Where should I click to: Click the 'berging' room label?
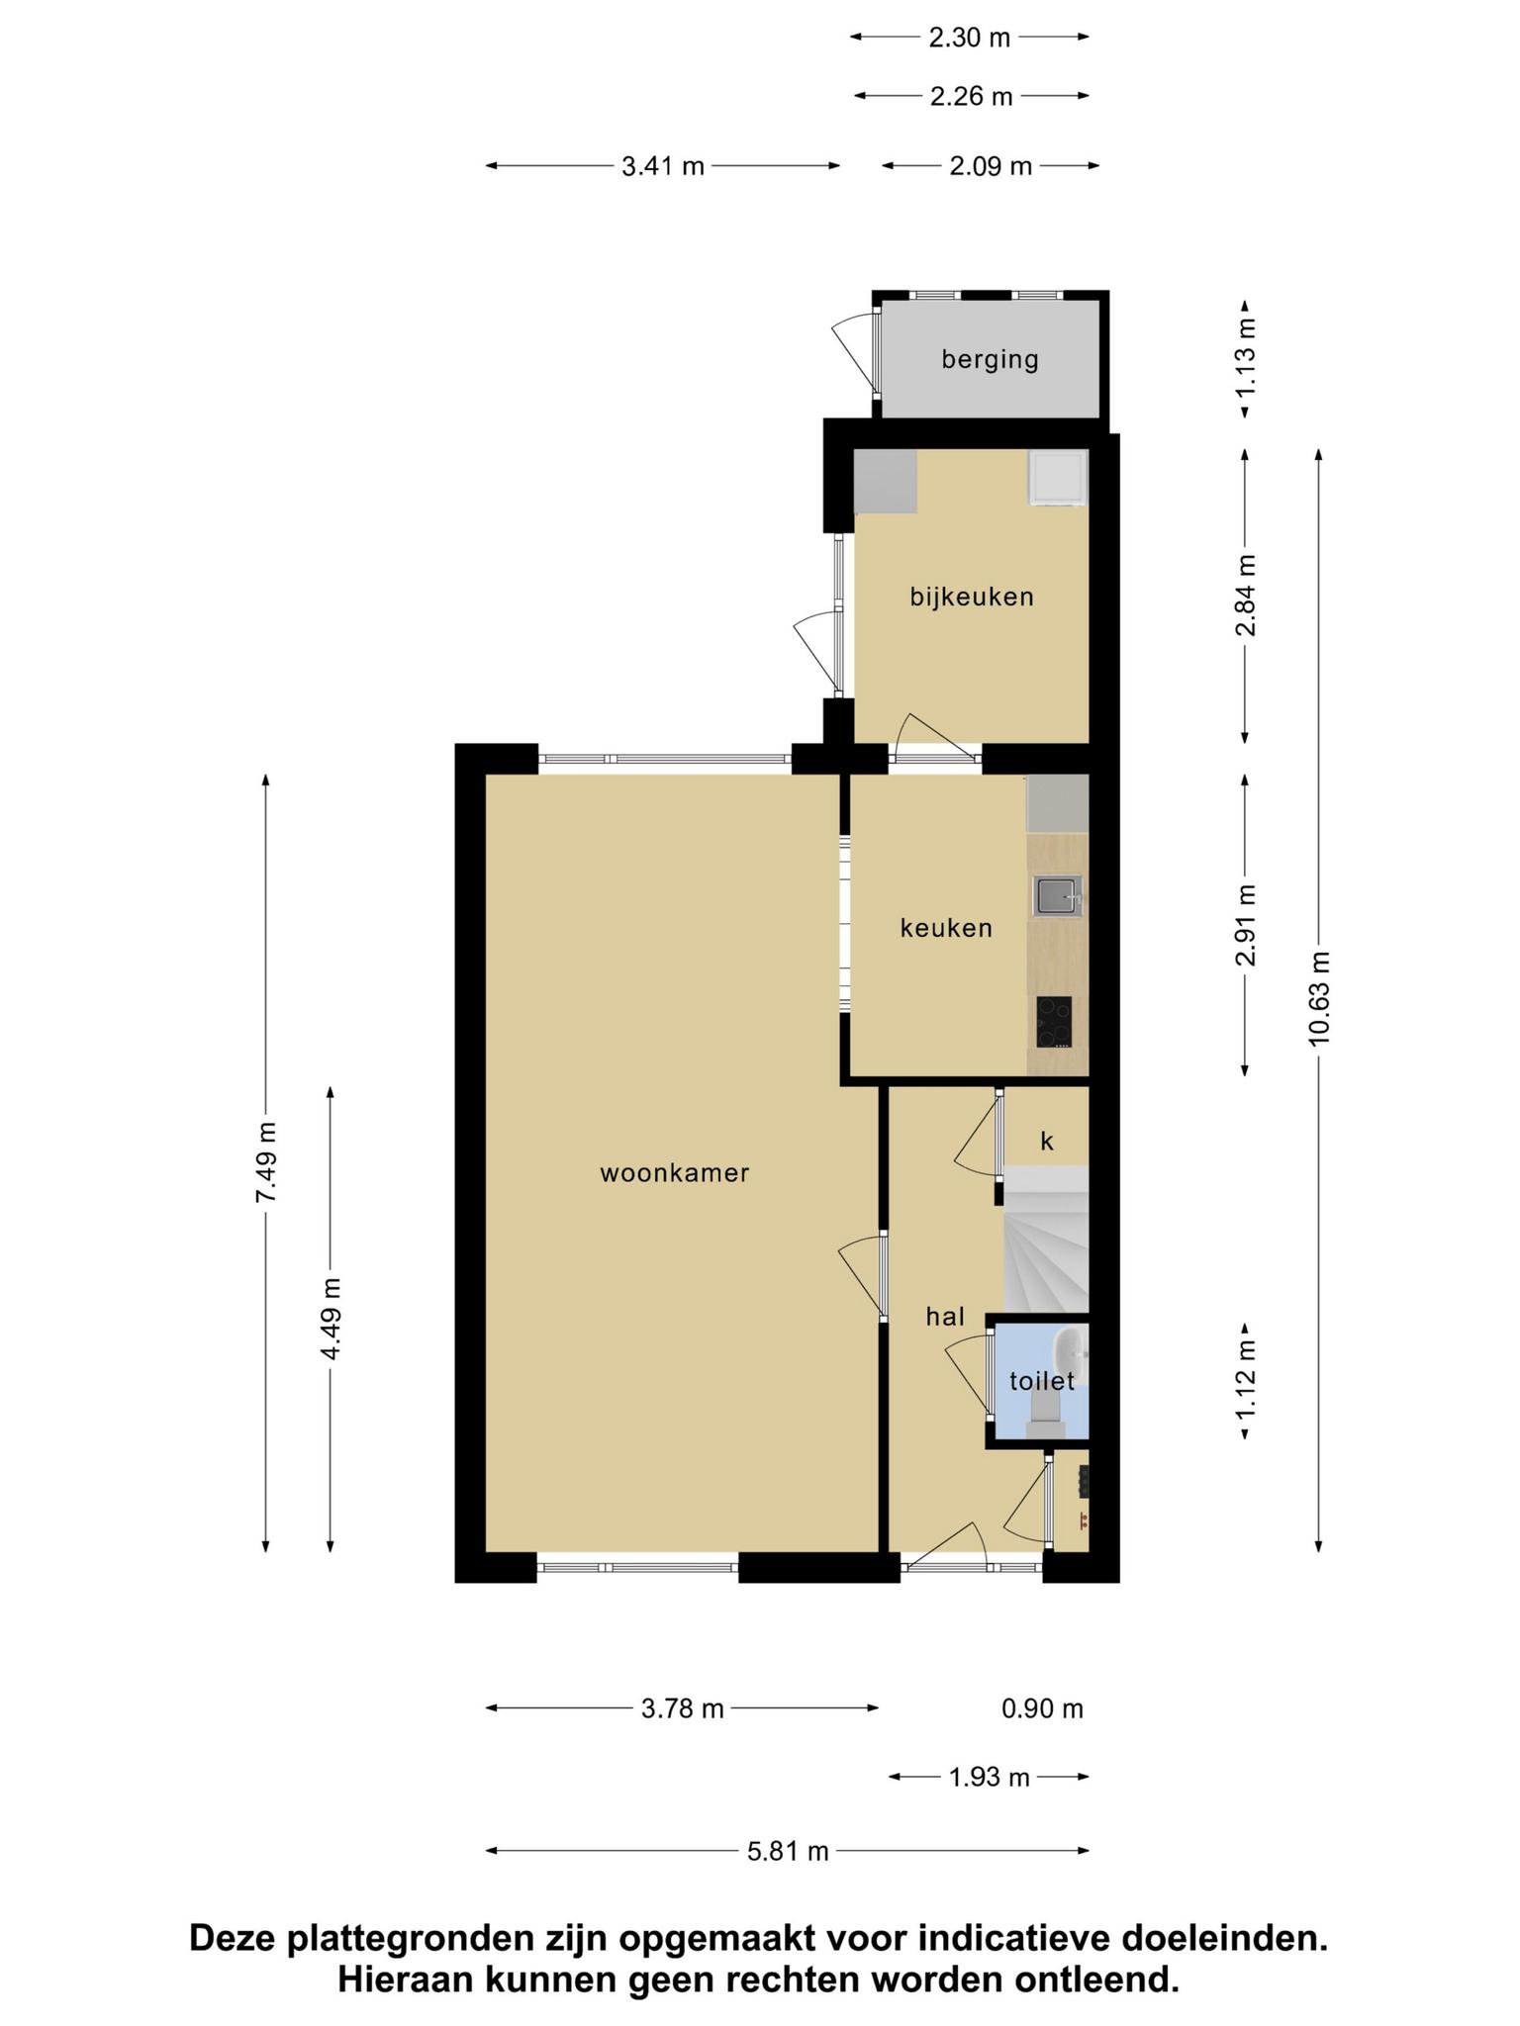tap(990, 359)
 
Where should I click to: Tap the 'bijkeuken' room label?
tap(972, 597)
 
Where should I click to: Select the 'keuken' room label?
tap(946, 928)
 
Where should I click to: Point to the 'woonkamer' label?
tap(675, 1173)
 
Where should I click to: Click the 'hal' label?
tap(945, 1316)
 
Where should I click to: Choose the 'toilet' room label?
tap(1042, 1380)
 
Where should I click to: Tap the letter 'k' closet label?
tap(1047, 1142)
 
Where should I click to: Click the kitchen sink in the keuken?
tap(1058, 897)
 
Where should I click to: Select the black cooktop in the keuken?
tap(1054, 1022)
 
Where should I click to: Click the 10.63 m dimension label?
tap(1319, 998)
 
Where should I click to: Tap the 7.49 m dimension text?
tap(266, 1162)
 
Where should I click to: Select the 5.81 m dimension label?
tap(788, 1851)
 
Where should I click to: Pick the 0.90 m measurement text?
tap(1043, 1708)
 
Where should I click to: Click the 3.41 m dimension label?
tap(663, 166)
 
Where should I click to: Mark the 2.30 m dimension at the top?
tap(970, 38)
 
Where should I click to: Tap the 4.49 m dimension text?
tap(331, 1319)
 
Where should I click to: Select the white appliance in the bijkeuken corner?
tap(1058, 478)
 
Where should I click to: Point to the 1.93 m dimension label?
tap(990, 1778)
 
